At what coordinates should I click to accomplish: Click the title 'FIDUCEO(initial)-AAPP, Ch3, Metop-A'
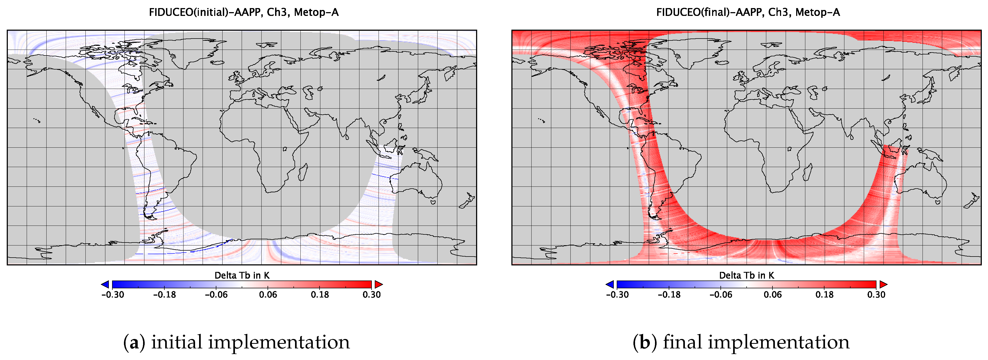(x=244, y=12)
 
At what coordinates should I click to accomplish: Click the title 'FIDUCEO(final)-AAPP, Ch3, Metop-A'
(x=748, y=12)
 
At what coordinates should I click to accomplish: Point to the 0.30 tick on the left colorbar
(x=371, y=295)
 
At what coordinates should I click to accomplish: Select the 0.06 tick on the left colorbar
(x=268, y=295)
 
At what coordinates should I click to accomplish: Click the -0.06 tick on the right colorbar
(x=721, y=295)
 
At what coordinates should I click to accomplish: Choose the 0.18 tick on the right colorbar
(x=824, y=295)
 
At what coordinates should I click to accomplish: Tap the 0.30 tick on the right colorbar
(x=876, y=295)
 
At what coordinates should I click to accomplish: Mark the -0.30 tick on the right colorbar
(x=617, y=295)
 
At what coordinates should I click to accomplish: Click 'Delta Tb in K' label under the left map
(x=242, y=275)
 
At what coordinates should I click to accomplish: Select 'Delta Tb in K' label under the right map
(x=746, y=275)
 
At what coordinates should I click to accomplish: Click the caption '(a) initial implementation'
(x=236, y=342)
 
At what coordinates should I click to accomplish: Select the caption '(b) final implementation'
(x=741, y=342)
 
